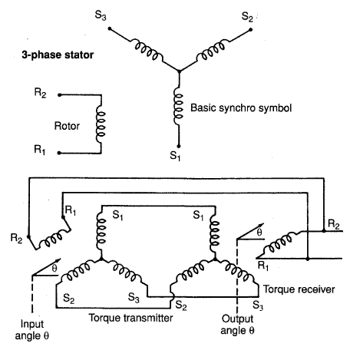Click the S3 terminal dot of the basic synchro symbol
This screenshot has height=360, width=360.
pos(110,28)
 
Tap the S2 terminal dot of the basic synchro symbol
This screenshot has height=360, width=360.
pos(250,30)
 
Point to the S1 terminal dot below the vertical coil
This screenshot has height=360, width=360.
pos(179,146)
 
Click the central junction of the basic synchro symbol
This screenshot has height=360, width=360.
pos(179,71)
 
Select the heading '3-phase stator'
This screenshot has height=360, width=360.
pos(58,55)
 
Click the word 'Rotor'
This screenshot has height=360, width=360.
pos(67,126)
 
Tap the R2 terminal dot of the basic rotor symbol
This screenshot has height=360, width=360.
pos(59,95)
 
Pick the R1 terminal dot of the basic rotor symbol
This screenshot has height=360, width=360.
pos(59,153)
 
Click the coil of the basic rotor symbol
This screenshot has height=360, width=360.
pos(101,124)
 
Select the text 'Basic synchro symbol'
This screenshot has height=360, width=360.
pos(241,107)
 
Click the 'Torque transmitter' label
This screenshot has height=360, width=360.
pos(130,318)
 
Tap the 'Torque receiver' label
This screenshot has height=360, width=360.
pos(299,289)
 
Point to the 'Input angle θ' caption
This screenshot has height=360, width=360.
pos(32,330)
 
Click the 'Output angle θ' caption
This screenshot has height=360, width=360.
pos(237,325)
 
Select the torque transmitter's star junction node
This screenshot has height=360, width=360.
pos(101,259)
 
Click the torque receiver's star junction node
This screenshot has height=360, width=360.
pos(215,259)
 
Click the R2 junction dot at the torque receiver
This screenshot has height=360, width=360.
pos(324,231)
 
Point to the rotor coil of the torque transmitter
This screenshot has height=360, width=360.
pos(54,239)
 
